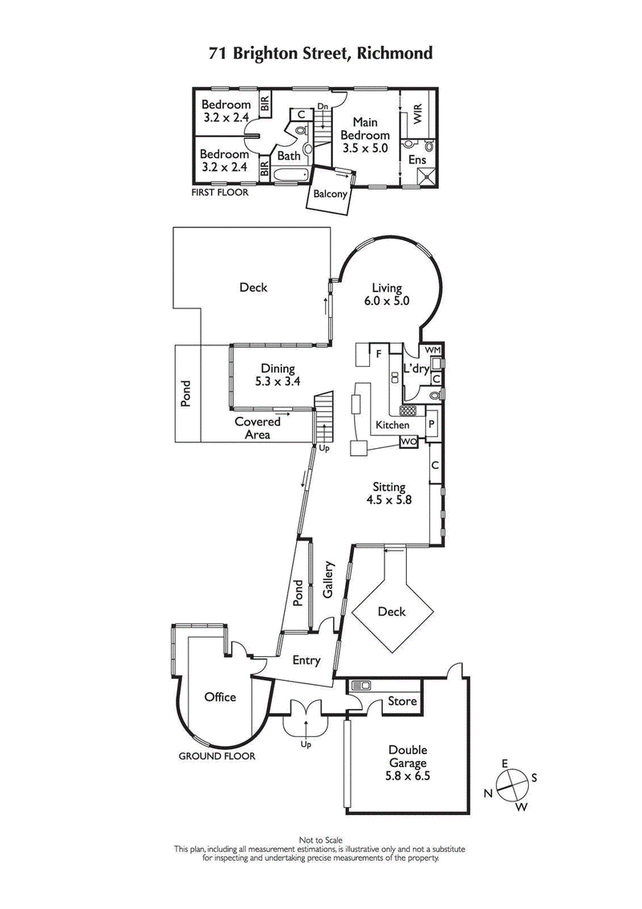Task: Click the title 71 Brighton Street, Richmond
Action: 320,54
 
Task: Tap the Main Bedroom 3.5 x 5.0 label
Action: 365,135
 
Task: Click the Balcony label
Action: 330,194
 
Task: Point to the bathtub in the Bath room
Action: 290,174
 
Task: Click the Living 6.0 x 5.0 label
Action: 390,295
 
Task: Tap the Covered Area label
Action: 257,427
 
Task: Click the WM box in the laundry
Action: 433,351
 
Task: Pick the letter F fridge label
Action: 376,352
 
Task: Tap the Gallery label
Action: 328,579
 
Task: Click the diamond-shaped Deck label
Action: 392,612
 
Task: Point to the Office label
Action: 220,696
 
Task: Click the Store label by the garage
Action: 402,701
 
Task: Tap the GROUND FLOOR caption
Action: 217,756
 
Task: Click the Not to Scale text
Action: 320,841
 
